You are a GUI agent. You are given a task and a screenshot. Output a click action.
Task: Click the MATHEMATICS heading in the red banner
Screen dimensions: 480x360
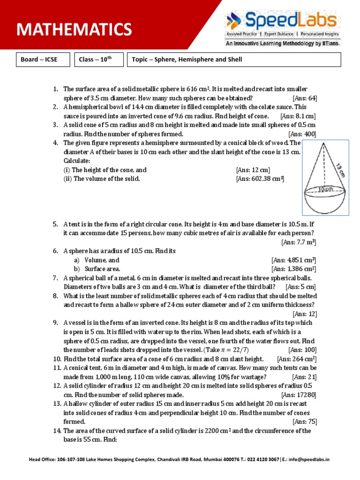coord(74,30)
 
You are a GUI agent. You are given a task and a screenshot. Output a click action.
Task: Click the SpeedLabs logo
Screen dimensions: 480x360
coord(282,21)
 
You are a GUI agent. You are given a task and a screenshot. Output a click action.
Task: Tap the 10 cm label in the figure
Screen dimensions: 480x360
coord(325,189)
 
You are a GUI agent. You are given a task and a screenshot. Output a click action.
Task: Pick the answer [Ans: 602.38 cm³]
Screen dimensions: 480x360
coord(261,179)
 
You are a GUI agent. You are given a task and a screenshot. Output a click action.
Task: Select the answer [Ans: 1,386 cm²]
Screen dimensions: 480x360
coord(293,269)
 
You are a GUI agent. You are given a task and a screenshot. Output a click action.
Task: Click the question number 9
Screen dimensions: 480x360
coord(55,323)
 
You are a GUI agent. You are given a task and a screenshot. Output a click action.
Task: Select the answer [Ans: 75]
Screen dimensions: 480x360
coord(304,421)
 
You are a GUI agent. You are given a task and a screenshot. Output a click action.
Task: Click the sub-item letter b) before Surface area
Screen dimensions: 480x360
coord(76,269)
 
